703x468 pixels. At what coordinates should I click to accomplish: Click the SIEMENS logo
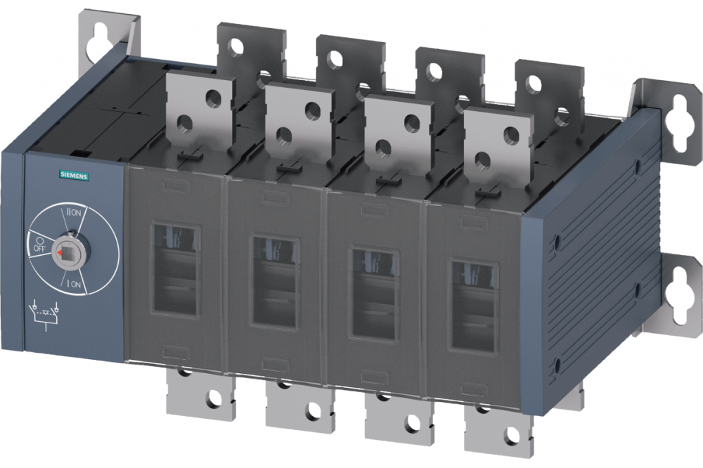point(74,176)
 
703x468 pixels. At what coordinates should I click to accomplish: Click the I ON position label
point(74,284)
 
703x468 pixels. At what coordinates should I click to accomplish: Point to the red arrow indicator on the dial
point(59,254)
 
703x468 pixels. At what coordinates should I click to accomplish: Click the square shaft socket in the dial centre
point(67,253)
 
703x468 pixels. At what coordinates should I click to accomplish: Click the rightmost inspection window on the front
point(473,306)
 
